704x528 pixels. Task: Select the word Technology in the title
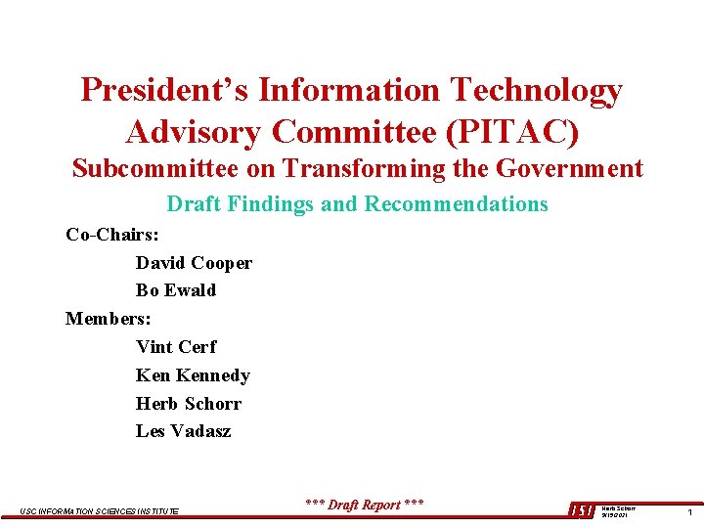(x=536, y=90)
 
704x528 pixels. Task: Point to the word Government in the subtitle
(x=569, y=168)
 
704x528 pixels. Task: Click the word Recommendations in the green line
(x=457, y=204)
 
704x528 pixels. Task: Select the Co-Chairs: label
(x=112, y=235)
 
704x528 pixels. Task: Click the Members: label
(x=108, y=319)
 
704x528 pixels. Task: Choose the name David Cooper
(x=194, y=263)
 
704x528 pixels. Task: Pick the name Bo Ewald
(x=176, y=290)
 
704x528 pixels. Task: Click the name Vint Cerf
(x=176, y=347)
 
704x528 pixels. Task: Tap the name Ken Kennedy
(x=193, y=375)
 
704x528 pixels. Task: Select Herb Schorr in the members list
(x=189, y=404)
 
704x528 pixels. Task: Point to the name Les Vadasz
(x=184, y=431)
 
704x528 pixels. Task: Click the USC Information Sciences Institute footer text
(x=99, y=511)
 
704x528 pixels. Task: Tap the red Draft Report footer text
(x=365, y=505)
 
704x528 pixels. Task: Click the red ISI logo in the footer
(x=581, y=510)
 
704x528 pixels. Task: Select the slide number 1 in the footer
(x=689, y=511)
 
